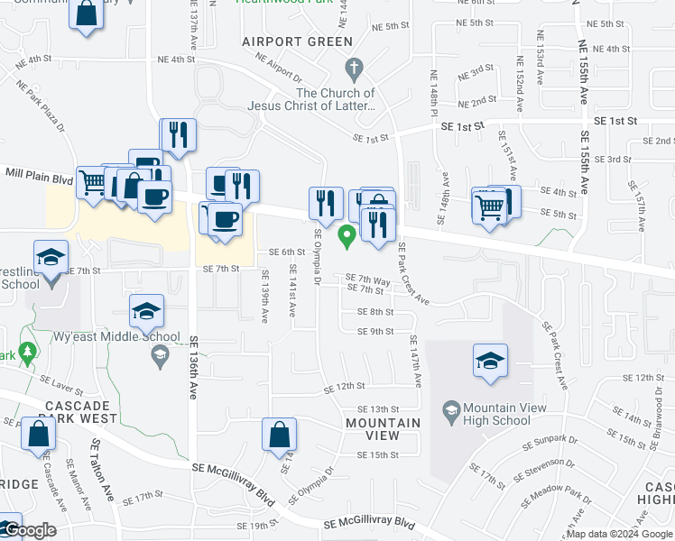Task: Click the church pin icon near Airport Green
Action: [x=354, y=68]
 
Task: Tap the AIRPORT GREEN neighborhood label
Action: [x=297, y=41]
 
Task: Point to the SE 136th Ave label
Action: [x=193, y=369]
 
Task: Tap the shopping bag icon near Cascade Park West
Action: [x=40, y=435]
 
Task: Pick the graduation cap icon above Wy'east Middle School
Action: [x=146, y=311]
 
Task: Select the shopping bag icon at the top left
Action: [x=87, y=14]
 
